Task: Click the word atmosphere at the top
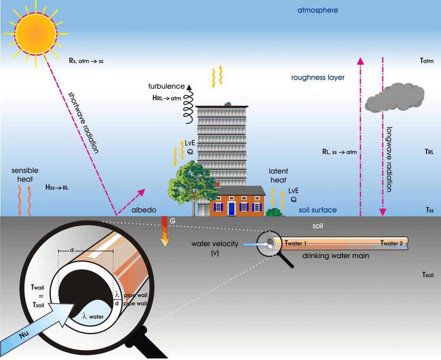click(317, 10)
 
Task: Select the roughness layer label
click(318, 78)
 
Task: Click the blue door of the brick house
click(232, 208)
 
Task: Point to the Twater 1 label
click(295, 243)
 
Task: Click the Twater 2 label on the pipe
click(391, 243)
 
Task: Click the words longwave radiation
click(389, 159)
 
